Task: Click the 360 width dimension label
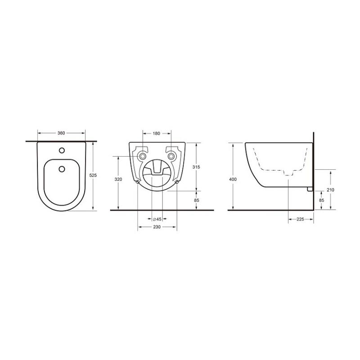tap(61, 133)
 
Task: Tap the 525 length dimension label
tap(93, 175)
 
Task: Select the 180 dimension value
tap(156, 133)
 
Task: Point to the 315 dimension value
tap(196, 167)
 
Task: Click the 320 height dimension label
tap(118, 179)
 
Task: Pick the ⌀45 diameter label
tap(157, 219)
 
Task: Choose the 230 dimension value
tap(157, 227)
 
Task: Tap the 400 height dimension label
tap(233, 179)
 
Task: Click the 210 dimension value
tap(331, 190)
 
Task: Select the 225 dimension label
tap(300, 219)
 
